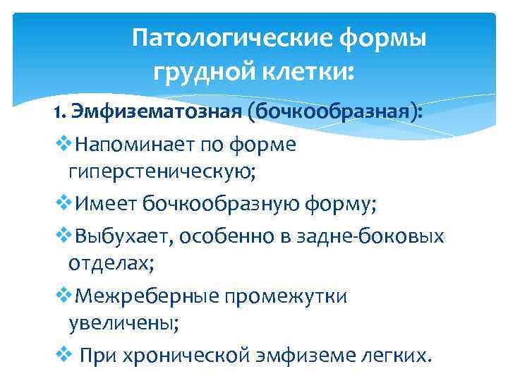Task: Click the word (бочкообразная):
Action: coord(339,111)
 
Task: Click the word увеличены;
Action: coord(125,325)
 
